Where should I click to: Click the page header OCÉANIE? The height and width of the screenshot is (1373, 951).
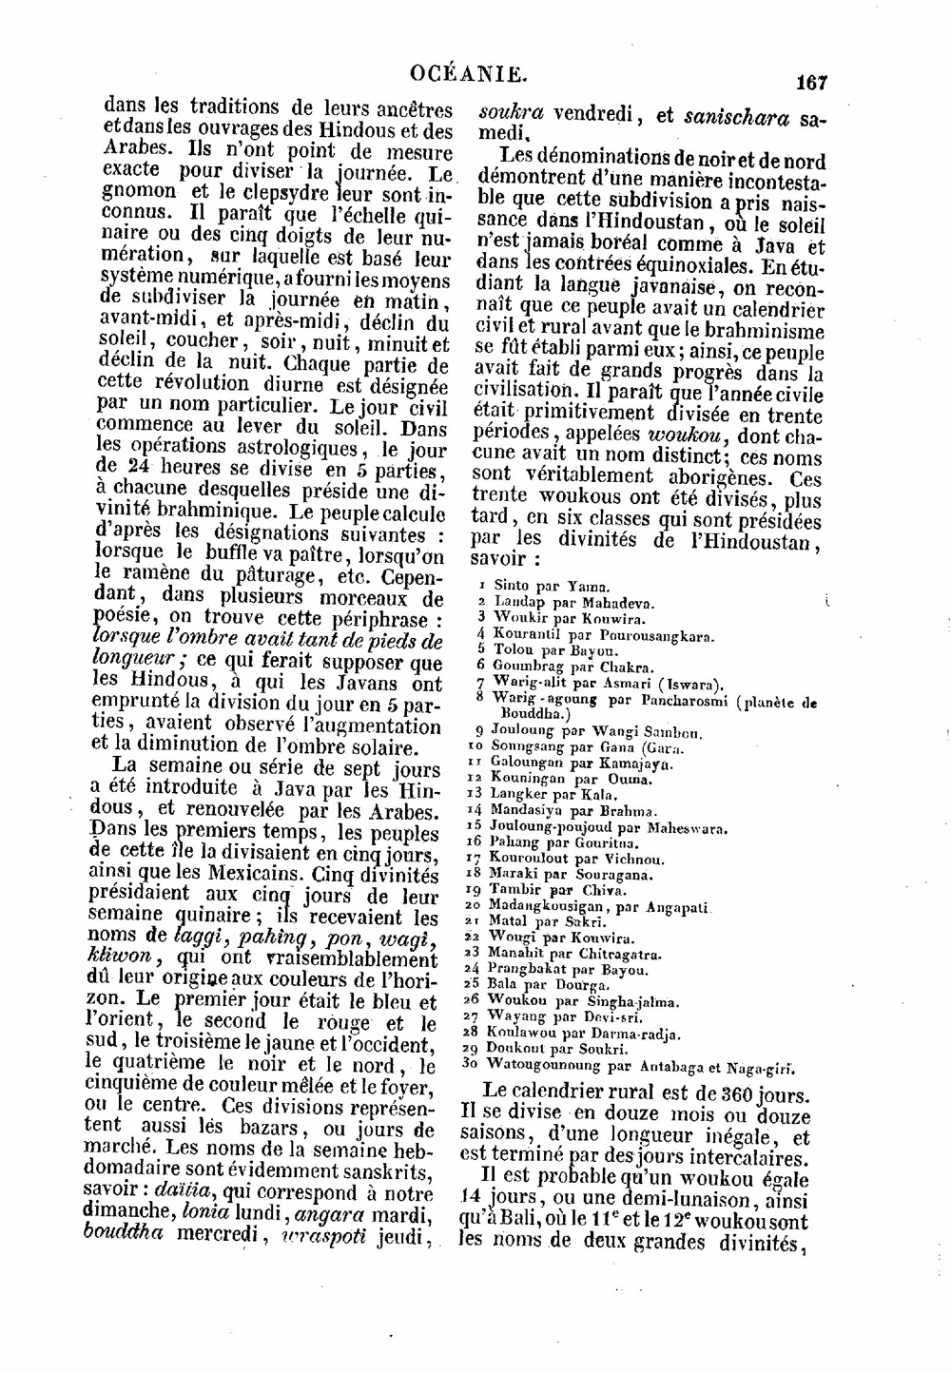[x=468, y=73]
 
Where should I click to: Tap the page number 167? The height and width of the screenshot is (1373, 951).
[x=811, y=83]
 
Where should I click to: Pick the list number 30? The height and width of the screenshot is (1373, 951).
[x=468, y=1064]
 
